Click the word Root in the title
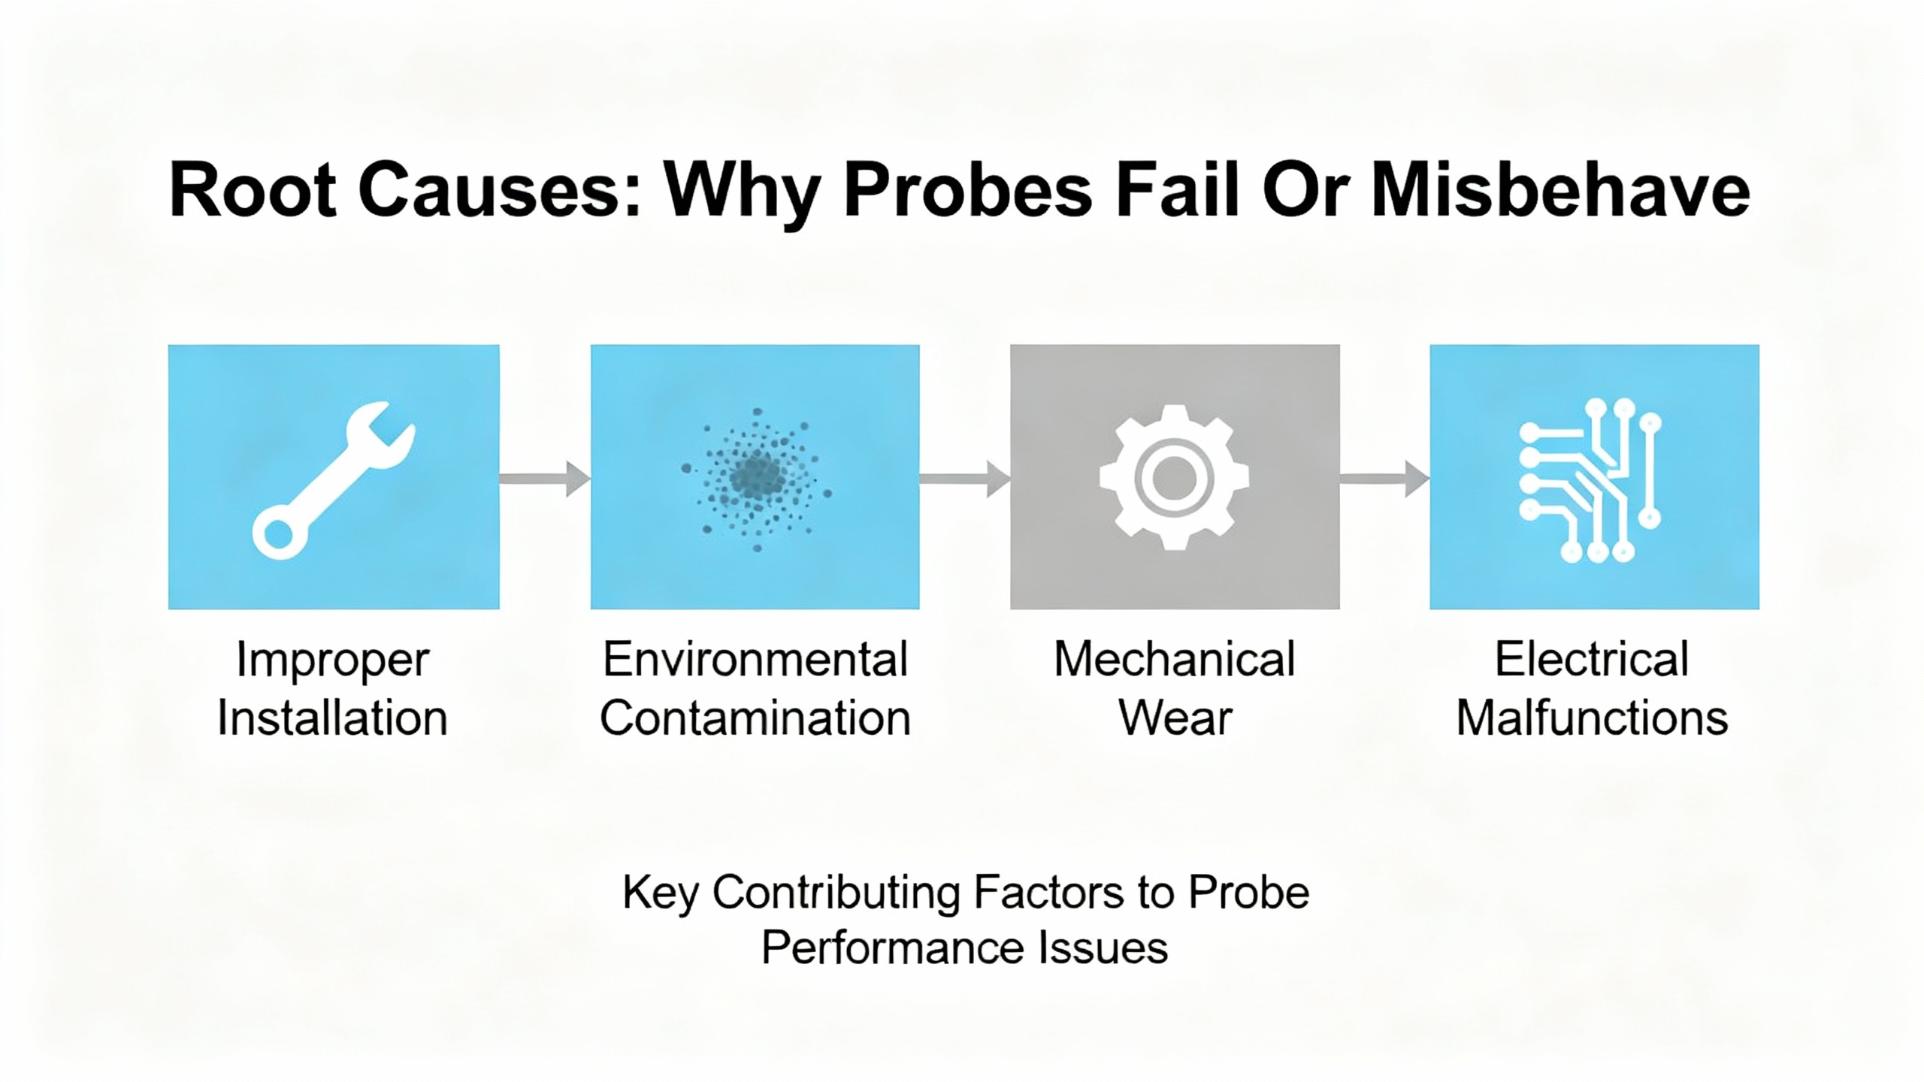pos(252,190)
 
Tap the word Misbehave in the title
pos(1560,190)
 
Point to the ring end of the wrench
pos(279,534)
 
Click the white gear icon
pos(1174,477)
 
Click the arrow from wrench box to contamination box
pos(544,479)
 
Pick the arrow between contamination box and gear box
pos(964,479)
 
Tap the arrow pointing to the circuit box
pos(1384,479)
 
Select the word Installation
pos(332,718)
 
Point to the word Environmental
pos(755,660)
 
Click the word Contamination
pos(755,718)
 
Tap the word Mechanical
pos(1174,660)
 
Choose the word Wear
pos(1175,718)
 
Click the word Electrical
pos(1592,660)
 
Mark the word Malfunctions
pos(1592,718)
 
